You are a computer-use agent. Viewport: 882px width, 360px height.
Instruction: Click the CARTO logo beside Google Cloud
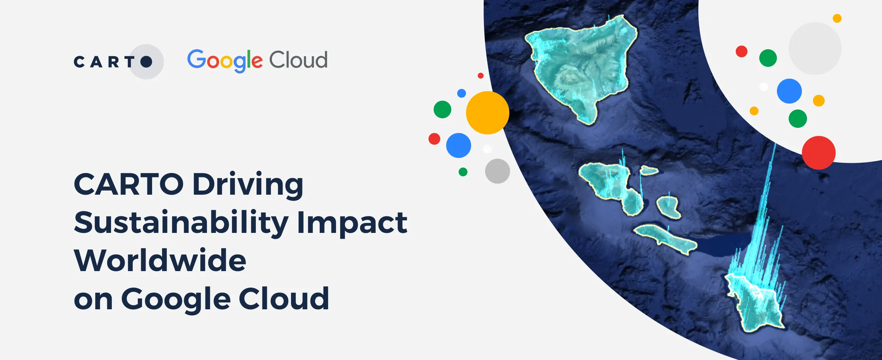pos(114,62)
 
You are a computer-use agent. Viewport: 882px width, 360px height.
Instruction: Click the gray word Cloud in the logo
pos(298,60)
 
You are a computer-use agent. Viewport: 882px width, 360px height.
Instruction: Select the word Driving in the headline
pos(248,184)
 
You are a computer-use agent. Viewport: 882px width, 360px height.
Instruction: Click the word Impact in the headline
pos(352,223)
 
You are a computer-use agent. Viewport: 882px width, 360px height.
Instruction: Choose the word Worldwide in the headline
pos(160,260)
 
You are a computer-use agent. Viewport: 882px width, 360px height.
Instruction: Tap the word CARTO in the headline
pos(129,184)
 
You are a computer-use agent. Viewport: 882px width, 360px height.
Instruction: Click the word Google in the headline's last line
pos(176,299)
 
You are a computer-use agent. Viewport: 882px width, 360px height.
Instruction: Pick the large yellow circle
pos(487,113)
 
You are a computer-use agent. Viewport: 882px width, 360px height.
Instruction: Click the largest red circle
pos(818,152)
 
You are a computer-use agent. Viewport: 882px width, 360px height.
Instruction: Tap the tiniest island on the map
pos(649,170)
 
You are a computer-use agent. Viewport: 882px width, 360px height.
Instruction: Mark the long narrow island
pos(665,239)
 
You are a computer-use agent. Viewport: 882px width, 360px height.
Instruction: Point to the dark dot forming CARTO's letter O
pos(146,62)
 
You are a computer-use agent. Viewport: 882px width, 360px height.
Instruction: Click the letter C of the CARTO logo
pos(79,62)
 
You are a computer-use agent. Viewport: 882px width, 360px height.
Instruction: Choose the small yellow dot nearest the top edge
pos(837,18)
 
